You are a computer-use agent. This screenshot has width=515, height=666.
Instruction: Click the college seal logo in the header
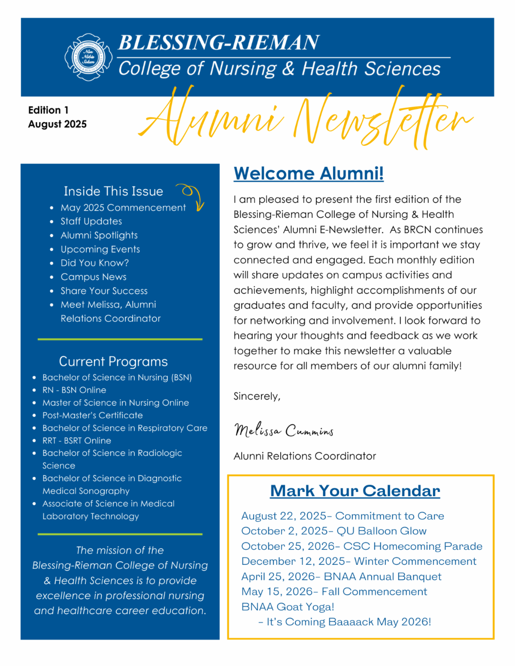pos(88,57)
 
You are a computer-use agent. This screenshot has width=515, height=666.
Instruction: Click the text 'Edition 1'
pos(48,110)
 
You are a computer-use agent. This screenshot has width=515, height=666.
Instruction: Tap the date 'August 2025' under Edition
pos(57,124)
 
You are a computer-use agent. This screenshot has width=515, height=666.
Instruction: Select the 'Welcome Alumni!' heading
pos(308,173)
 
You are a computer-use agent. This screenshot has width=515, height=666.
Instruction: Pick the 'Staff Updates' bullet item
pos(91,221)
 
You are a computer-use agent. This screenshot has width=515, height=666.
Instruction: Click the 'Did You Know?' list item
pos(94,263)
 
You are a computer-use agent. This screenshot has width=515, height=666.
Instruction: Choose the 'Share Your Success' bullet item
pos(104,291)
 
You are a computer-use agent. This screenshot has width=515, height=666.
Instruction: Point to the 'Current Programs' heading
pos(113,362)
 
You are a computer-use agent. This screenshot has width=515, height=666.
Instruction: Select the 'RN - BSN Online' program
pos(74,390)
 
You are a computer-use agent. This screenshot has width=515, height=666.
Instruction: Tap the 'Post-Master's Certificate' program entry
pos(92,415)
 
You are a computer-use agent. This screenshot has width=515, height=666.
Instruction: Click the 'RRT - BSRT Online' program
pos(76,440)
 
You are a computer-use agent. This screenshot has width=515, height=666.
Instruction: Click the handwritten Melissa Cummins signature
pos(284,430)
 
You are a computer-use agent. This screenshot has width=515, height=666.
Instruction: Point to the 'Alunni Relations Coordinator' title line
pos(304,456)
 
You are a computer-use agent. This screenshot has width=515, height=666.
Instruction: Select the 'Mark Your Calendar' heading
pos(355,491)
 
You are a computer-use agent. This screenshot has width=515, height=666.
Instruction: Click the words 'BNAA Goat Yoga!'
pos(288,607)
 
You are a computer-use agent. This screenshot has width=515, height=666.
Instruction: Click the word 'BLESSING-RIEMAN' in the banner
pos(218,42)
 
